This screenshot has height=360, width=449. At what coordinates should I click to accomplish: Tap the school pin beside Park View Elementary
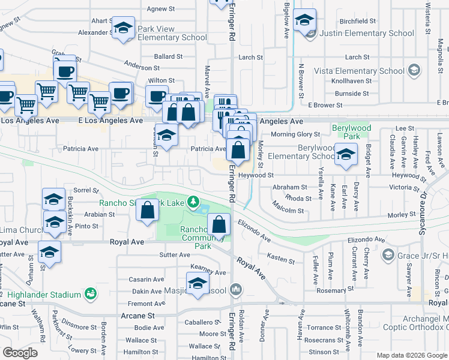coord(124,29)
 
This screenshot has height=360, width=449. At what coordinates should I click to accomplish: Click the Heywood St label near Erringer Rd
coord(256,175)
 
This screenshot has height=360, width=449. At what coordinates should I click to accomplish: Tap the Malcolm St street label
coord(288,211)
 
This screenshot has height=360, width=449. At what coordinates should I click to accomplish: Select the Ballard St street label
coord(168,56)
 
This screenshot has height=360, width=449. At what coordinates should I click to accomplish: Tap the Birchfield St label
coord(357,20)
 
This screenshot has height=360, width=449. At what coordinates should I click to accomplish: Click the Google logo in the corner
coord(20,353)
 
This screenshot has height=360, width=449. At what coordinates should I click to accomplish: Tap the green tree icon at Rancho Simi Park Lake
coord(193,202)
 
